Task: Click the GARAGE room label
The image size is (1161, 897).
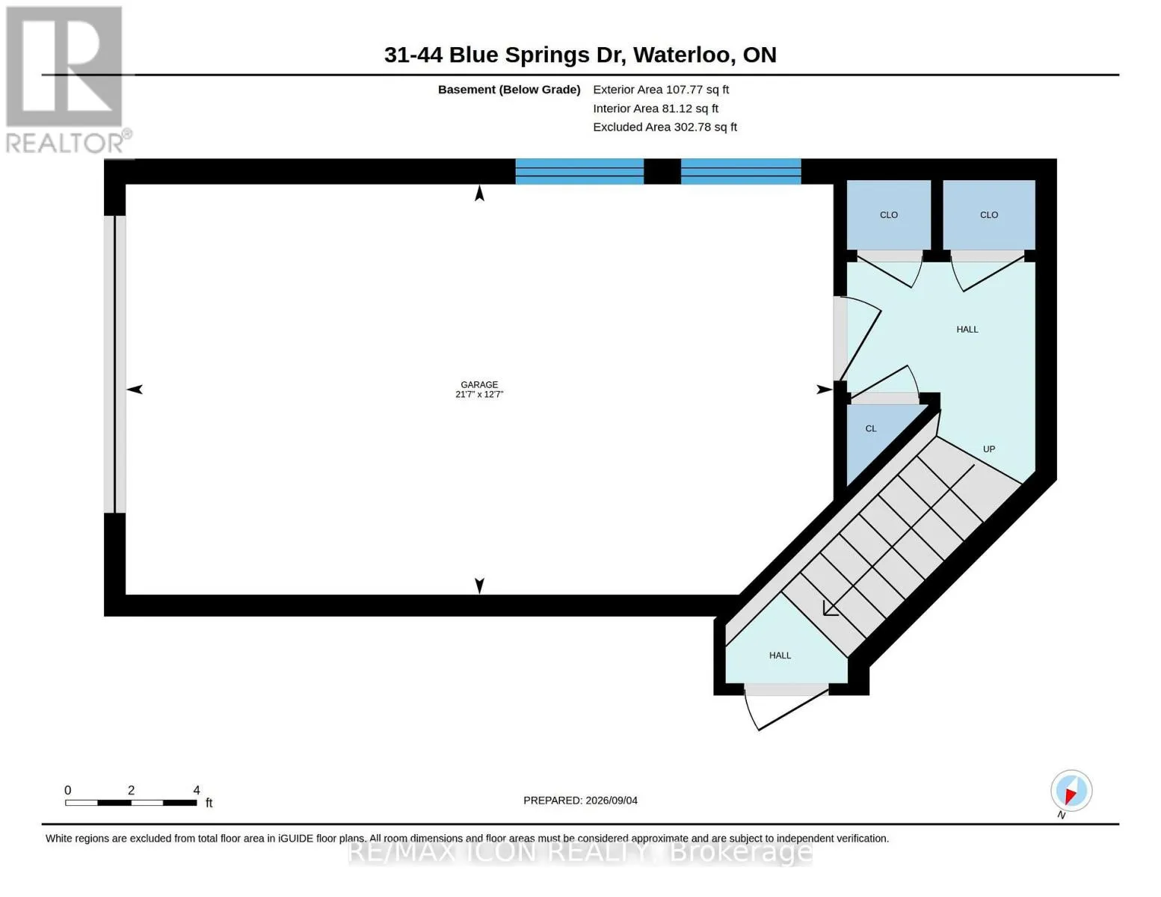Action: click(x=479, y=385)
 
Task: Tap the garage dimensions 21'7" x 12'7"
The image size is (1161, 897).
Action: click(x=479, y=394)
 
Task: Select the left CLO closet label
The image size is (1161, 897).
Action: click(x=889, y=215)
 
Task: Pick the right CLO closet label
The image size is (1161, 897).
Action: click(x=989, y=215)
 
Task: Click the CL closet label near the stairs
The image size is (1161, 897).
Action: click(x=871, y=428)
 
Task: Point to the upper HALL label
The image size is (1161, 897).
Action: click(x=967, y=330)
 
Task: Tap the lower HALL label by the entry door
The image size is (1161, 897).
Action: click(x=780, y=656)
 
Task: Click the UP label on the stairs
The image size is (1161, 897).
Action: click(x=989, y=449)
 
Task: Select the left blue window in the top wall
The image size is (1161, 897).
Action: click(x=579, y=171)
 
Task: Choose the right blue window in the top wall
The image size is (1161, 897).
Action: click(x=741, y=171)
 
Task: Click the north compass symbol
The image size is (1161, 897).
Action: click(x=1071, y=791)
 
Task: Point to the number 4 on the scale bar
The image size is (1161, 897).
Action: click(x=197, y=790)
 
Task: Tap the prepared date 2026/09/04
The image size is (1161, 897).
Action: click(x=612, y=801)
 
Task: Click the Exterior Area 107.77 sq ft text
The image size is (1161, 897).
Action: click(x=661, y=90)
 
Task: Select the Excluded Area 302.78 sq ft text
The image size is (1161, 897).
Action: click(x=665, y=127)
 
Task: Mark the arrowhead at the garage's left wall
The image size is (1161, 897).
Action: click(x=135, y=389)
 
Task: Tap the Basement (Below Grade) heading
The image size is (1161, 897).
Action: click(x=509, y=90)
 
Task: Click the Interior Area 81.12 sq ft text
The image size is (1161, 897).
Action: click(x=656, y=108)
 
